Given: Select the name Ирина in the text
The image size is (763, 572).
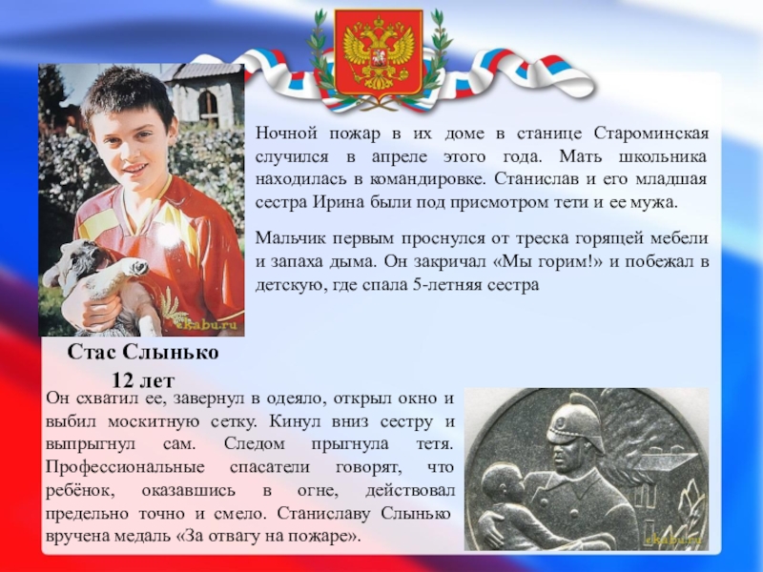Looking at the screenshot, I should pos(361,202).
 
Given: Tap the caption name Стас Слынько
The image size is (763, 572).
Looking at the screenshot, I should pos(143,354).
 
